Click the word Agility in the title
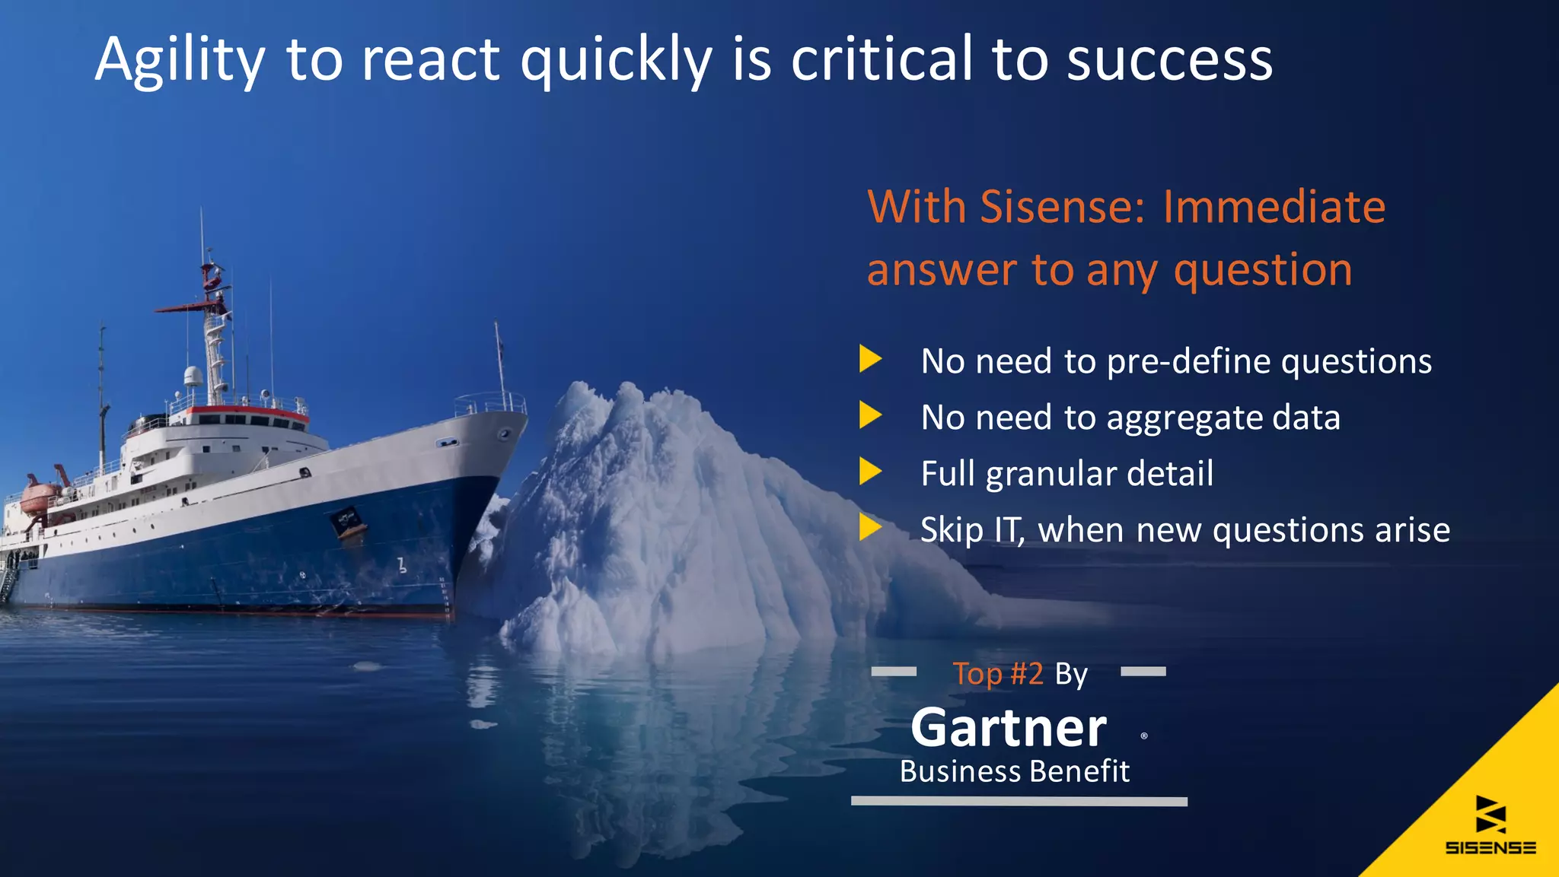[x=180, y=61]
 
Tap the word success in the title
[x=1169, y=61]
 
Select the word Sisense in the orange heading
[x=1062, y=207]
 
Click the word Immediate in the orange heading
[x=1274, y=207]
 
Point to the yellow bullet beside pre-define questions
[x=870, y=359]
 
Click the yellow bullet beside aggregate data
[x=870, y=415]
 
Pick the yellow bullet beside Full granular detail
[x=870, y=472]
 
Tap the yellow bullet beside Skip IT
[x=870, y=527]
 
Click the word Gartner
[x=1009, y=728]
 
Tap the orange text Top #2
[x=997, y=674]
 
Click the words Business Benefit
[x=1015, y=771]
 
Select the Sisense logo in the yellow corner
[x=1490, y=825]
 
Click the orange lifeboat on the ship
[x=40, y=496]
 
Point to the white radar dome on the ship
[x=193, y=376]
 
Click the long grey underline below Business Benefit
[x=1019, y=801]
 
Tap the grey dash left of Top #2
[x=894, y=672]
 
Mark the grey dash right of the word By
[x=1143, y=672]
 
